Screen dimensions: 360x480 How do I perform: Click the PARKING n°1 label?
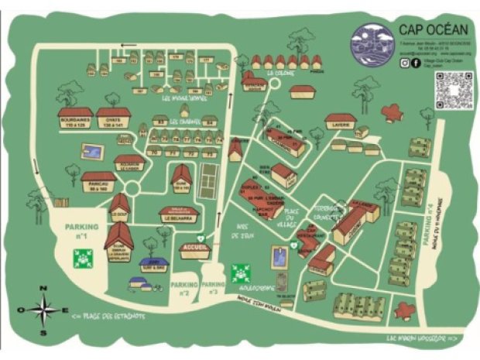coord(83,231)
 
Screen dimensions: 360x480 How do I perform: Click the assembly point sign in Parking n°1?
coord(81,259)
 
